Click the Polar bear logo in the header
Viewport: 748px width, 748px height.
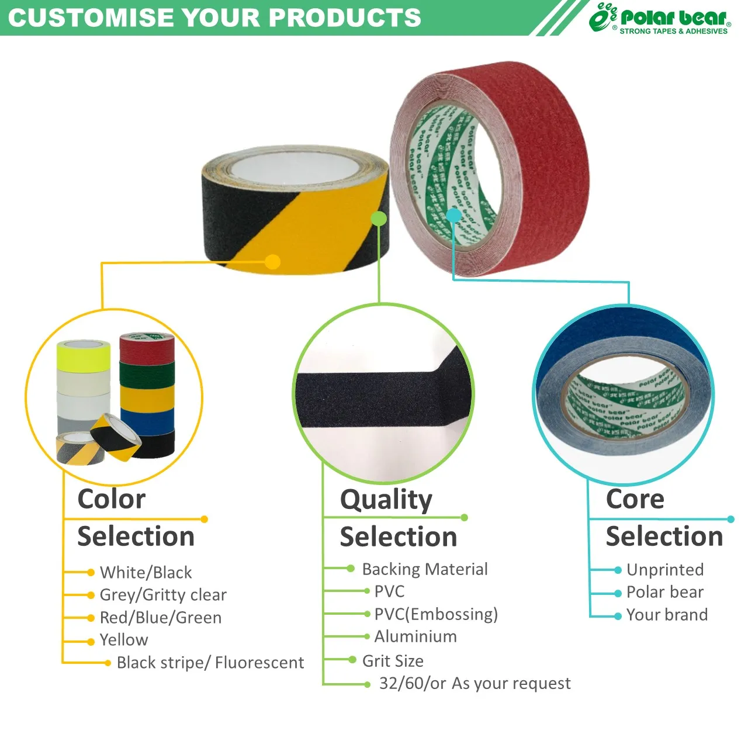point(660,19)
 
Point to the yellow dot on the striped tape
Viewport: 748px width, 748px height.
point(272,262)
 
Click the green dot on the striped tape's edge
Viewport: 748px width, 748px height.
point(379,219)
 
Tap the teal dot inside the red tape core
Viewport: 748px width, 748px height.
point(453,216)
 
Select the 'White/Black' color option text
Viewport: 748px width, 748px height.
point(146,572)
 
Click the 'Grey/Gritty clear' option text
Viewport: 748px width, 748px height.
point(163,595)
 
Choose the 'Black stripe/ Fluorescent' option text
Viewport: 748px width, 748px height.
point(210,663)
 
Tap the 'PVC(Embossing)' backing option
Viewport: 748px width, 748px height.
point(436,614)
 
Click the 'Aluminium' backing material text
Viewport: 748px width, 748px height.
point(415,636)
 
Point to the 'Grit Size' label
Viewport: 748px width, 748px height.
point(393,661)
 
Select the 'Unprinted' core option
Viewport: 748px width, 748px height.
point(665,570)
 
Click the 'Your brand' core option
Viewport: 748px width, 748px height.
point(667,615)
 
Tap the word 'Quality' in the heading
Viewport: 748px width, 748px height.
point(386,500)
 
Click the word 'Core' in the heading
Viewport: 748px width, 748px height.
point(635,500)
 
